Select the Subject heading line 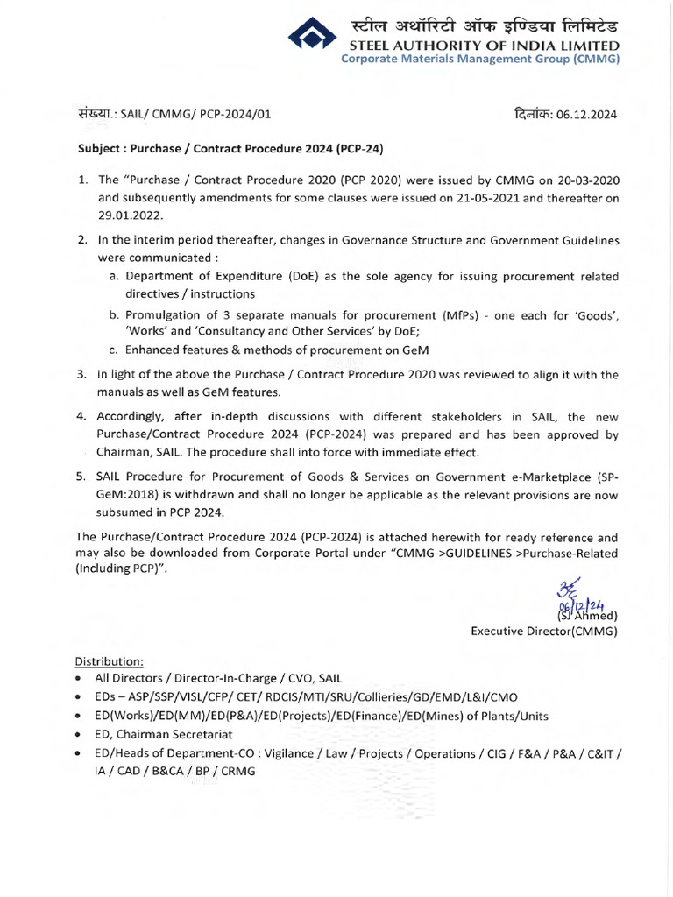click(x=231, y=149)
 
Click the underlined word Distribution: click(x=109, y=660)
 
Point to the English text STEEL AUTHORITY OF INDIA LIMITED click(x=485, y=46)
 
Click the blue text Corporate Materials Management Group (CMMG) click(x=480, y=60)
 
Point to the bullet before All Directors click(x=80, y=678)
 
